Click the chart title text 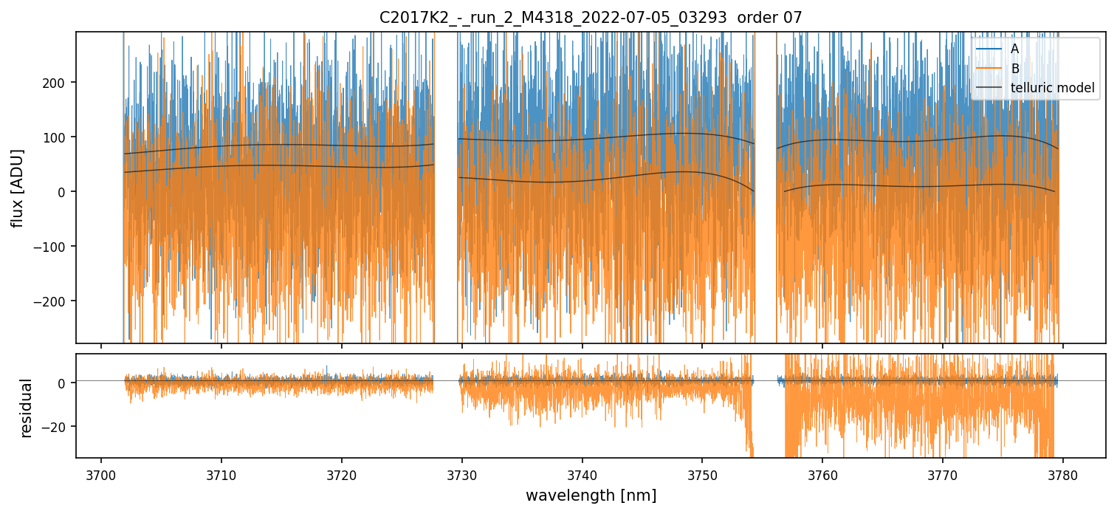[x=591, y=18]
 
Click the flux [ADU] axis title [x=17, y=188]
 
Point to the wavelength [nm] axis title [x=591, y=496]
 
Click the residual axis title [x=27, y=408]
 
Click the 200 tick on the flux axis [x=58, y=82]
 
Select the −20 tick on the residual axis [x=56, y=427]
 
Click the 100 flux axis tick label [x=58, y=137]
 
